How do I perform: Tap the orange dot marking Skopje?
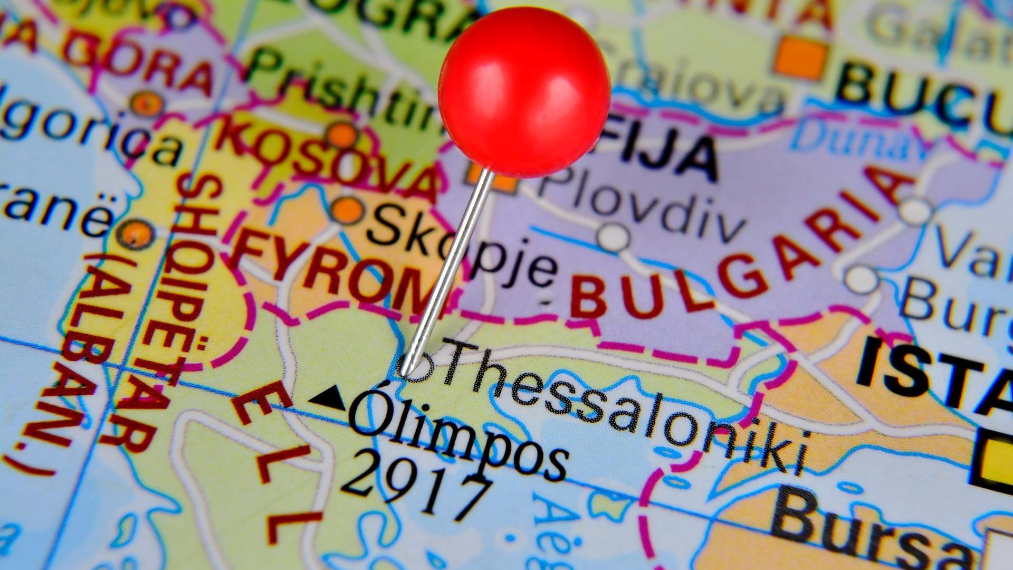pyautogui.click(x=348, y=210)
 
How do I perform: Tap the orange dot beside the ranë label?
pyautogui.click(x=136, y=233)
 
